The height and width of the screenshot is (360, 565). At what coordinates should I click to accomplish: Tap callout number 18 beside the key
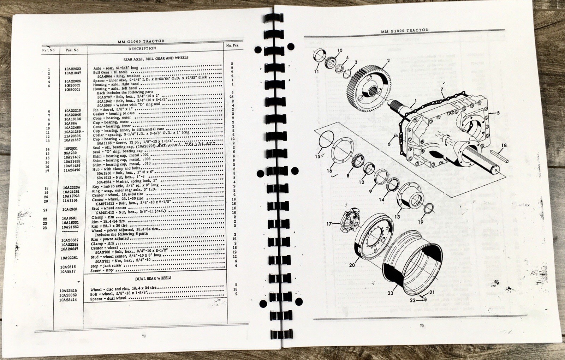coord(504,145)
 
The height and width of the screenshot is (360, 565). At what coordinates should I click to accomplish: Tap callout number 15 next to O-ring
coord(317,156)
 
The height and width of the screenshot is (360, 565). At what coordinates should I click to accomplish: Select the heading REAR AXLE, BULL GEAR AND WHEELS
coord(156,58)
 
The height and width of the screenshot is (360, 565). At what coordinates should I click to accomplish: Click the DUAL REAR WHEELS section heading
coord(153,278)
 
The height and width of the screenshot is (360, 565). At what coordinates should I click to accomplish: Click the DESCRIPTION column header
coord(142,49)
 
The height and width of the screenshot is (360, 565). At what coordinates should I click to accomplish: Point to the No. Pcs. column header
coord(233,46)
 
